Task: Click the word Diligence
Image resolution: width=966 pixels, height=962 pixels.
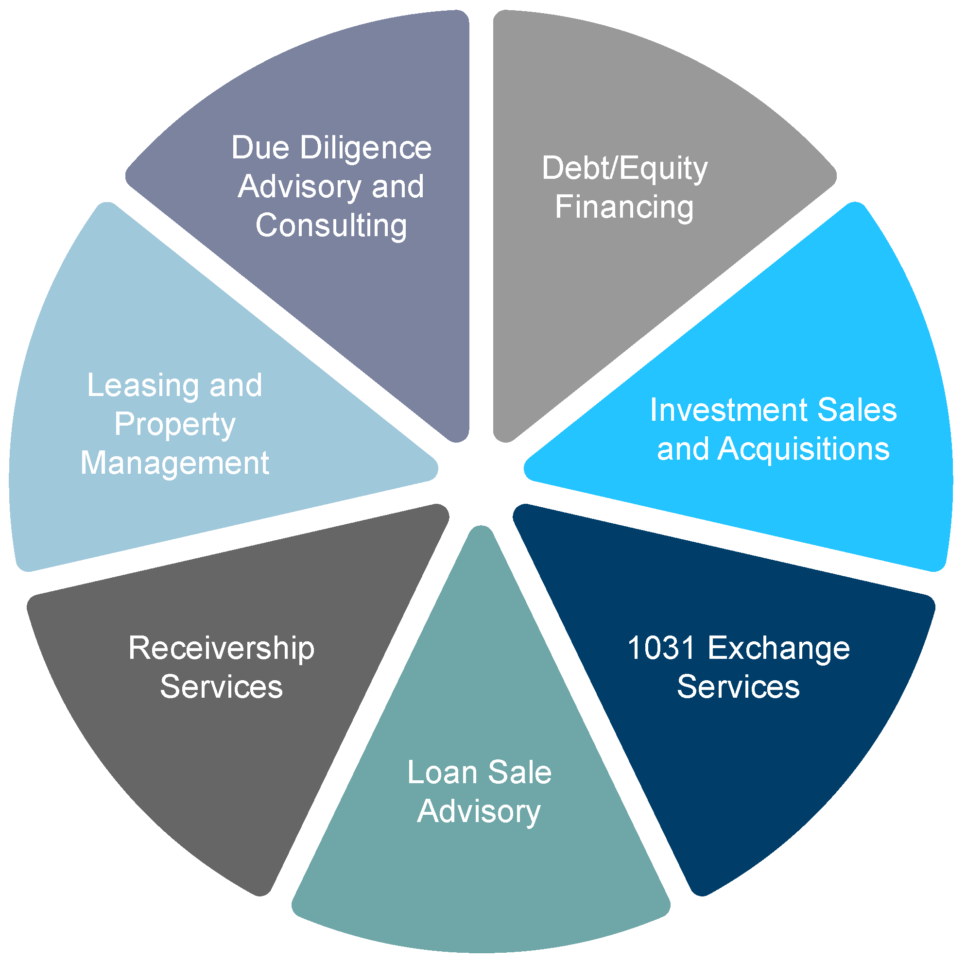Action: click(x=365, y=149)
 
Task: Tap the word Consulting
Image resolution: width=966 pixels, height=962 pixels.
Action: click(x=331, y=225)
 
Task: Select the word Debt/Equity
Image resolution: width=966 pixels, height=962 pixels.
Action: click(x=624, y=169)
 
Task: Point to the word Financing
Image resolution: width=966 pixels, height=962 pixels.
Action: click(x=624, y=207)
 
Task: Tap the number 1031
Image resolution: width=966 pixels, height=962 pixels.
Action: click(x=661, y=648)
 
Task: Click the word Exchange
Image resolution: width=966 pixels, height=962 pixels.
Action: click(x=778, y=648)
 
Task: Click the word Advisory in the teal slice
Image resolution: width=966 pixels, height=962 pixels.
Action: click(x=479, y=811)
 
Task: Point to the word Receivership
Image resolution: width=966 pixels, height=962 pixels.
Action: click(x=221, y=648)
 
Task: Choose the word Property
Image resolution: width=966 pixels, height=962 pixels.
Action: click(x=174, y=425)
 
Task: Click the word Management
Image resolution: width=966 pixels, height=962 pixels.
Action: click(x=174, y=463)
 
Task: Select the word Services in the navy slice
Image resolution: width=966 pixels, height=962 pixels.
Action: click(x=738, y=687)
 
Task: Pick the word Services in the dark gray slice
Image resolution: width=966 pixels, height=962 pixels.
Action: click(x=221, y=687)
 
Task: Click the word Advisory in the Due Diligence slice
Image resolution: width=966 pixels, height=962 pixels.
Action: click(x=299, y=187)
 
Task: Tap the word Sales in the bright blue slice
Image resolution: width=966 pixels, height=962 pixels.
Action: click(x=857, y=410)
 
